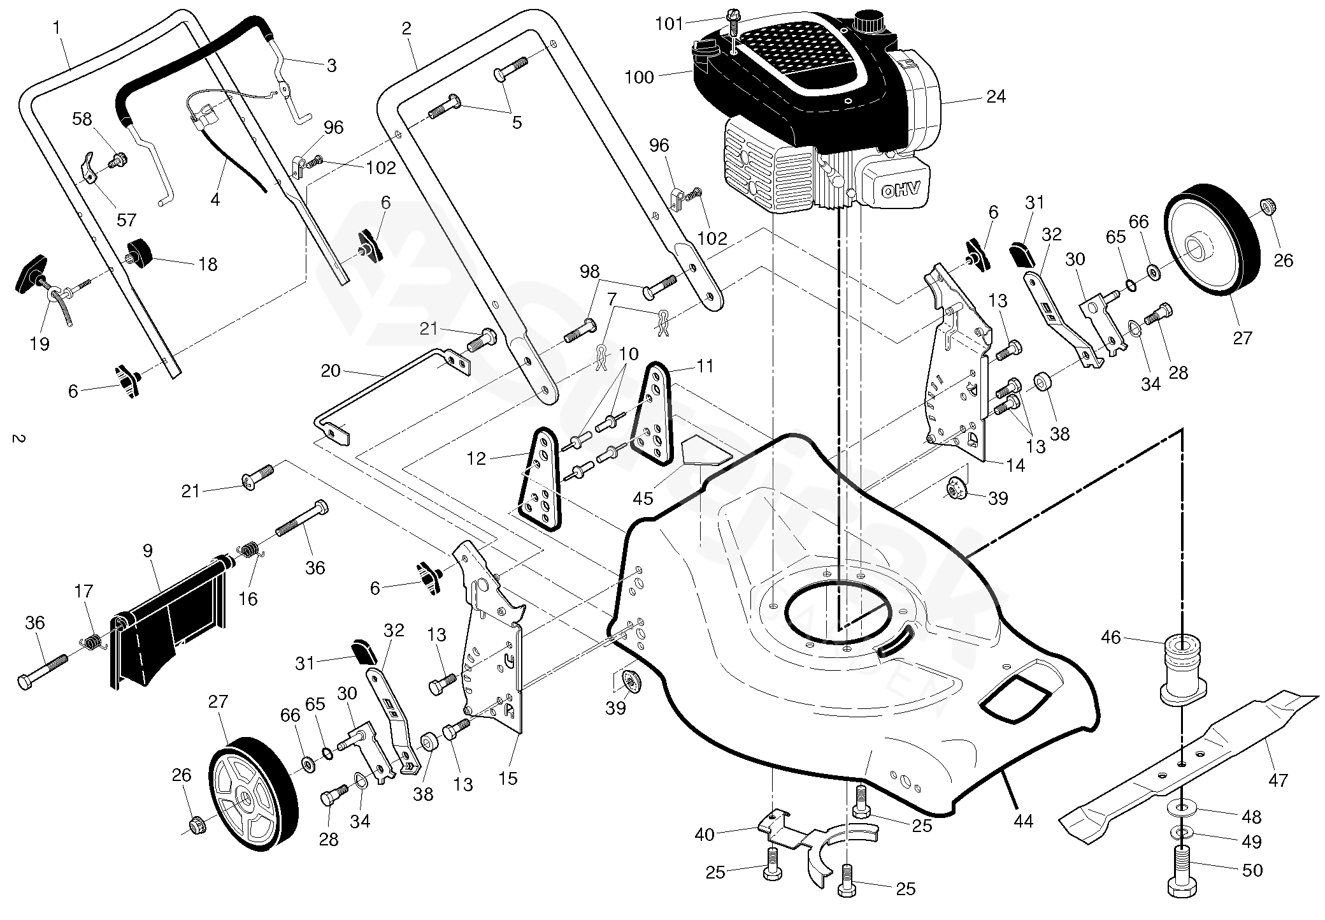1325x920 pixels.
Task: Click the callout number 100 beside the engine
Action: point(640,77)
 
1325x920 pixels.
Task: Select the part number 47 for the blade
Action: point(1278,780)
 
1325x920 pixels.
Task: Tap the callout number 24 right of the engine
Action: point(995,96)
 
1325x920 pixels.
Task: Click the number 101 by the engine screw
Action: point(669,25)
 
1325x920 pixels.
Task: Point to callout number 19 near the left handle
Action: point(39,344)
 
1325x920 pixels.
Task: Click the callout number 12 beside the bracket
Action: point(476,458)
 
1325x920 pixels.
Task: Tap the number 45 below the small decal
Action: point(643,499)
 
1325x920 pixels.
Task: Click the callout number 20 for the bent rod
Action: point(331,370)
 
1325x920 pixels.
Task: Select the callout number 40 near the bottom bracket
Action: point(704,834)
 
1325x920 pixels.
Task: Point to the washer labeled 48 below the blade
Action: point(1182,809)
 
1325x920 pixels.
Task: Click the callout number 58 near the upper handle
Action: point(82,119)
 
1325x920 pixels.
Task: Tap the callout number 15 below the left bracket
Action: point(508,778)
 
